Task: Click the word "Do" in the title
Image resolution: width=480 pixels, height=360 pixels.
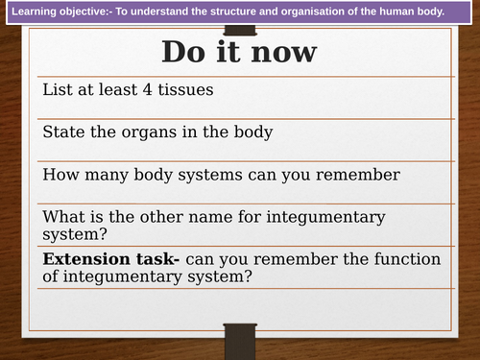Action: (183, 51)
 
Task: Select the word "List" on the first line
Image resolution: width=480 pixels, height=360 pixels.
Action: (59, 89)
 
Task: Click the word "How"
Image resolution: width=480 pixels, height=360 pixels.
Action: (60, 174)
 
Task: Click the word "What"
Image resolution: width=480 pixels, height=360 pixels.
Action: (65, 216)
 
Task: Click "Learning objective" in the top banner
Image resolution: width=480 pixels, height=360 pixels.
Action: (58, 12)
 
